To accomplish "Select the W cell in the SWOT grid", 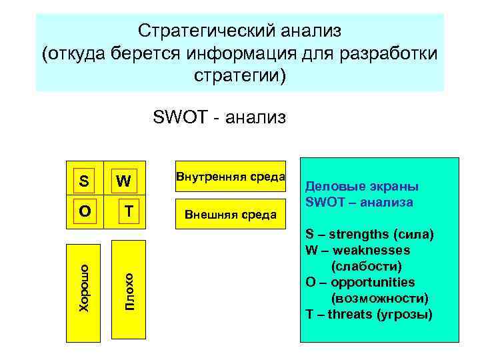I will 123,181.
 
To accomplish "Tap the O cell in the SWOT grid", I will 84,211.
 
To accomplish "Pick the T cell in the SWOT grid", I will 129,211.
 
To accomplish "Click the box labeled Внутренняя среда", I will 230,177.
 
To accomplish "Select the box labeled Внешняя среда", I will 230,214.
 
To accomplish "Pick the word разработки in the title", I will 397,53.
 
